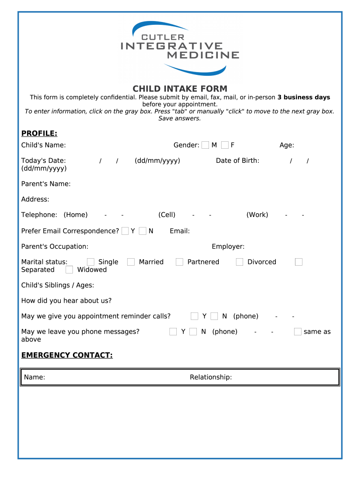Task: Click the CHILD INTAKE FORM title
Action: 180,88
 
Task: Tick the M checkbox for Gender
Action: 205,145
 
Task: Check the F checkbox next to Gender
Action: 225,145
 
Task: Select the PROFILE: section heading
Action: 39,134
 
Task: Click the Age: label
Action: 287,145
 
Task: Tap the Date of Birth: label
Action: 238,160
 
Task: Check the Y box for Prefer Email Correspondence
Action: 125,231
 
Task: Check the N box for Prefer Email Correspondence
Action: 143,231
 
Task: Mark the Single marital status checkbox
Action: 91,262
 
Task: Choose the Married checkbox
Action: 131,262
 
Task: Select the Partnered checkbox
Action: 180,262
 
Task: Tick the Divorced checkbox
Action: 239,262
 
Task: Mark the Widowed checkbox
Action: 69,270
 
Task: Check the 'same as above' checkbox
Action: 298,332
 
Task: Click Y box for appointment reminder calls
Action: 194,316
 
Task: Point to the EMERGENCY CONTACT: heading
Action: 67,356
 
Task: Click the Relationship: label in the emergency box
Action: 211,377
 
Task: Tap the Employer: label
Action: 228,247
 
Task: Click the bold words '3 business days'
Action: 304,97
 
